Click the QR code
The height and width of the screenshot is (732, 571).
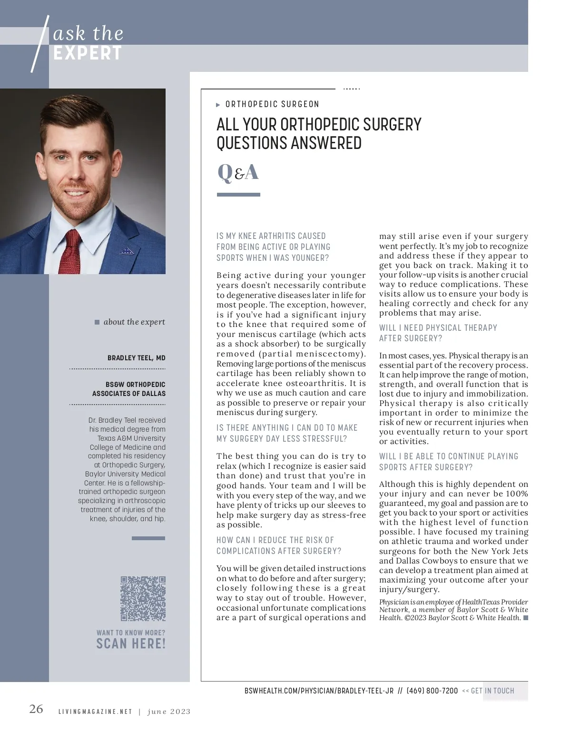pyautogui.click(x=143, y=598)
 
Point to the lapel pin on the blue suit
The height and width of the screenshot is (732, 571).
pyautogui.click(x=127, y=251)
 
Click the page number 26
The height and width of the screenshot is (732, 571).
pyautogui.click(x=36, y=709)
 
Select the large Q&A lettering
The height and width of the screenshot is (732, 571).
pyautogui.click(x=238, y=172)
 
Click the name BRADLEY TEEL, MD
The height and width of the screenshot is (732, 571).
pyautogui.click(x=136, y=358)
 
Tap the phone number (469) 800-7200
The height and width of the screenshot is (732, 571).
pyautogui.click(x=432, y=691)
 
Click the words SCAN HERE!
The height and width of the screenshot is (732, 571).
pyautogui.click(x=131, y=644)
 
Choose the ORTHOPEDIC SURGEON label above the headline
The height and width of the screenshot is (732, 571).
pyautogui.click(x=272, y=104)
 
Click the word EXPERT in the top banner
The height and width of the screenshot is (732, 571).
pyautogui.click(x=88, y=53)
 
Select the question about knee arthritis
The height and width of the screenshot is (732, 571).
pyautogui.click(x=273, y=247)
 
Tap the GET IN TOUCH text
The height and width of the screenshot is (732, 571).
pyautogui.click(x=492, y=691)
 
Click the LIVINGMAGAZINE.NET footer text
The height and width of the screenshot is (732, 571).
pyautogui.click(x=95, y=712)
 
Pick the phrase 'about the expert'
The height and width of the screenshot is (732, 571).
pyautogui.click(x=134, y=322)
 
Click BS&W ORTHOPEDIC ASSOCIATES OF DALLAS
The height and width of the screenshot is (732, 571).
pyautogui.click(x=129, y=389)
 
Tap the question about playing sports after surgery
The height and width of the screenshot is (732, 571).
pyautogui.click(x=448, y=462)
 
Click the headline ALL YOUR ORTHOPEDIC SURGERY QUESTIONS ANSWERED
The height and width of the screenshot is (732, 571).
pyautogui.click(x=319, y=134)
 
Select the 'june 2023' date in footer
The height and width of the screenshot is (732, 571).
pyautogui.click(x=169, y=712)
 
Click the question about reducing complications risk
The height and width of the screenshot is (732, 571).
pyautogui.click(x=279, y=545)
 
